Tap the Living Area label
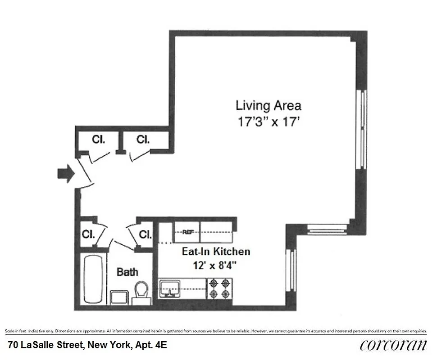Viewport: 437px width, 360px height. [x=268, y=106]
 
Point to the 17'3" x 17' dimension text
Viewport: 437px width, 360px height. [x=268, y=121]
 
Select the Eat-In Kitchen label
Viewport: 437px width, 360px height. [x=216, y=251]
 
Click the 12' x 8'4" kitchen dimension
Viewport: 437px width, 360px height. [x=216, y=265]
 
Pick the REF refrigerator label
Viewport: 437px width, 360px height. [x=187, y=232]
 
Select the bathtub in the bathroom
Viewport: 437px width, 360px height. [x=93, y=279]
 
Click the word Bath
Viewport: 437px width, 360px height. [x=127, y=272]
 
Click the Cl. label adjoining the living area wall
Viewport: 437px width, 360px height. [x=143, y=139]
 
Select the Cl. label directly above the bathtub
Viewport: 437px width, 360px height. [x=88, y=234]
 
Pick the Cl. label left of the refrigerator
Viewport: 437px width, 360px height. [x=145, y=234]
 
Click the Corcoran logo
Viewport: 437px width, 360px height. [x=393, y=345]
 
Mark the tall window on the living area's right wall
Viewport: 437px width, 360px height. [x=361, y=129]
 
